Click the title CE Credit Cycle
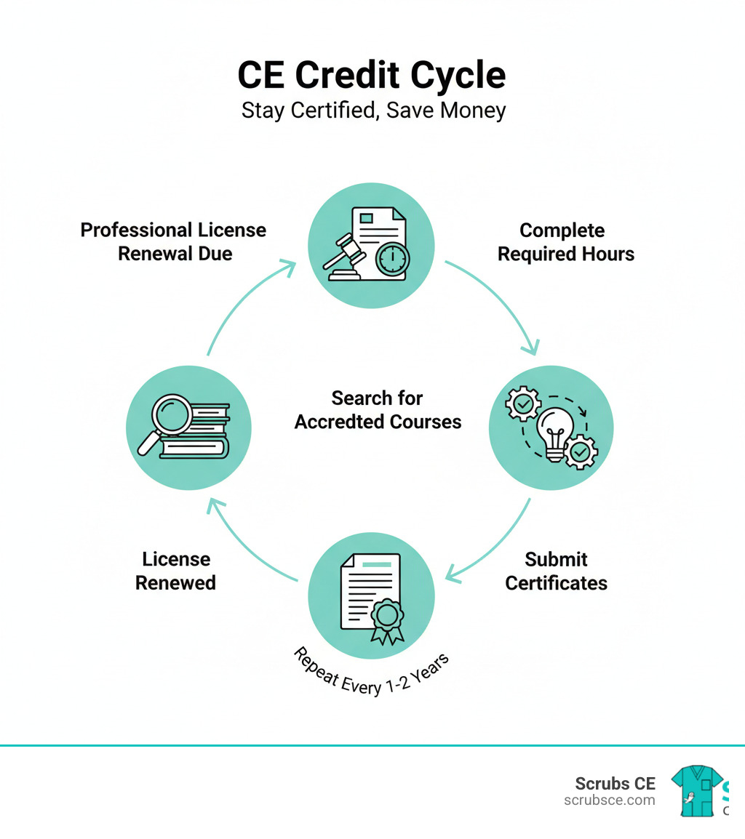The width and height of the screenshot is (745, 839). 372,75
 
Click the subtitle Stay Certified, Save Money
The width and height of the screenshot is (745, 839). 373,111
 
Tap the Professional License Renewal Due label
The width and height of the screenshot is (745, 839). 174,241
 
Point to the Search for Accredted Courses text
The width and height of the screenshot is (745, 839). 378,410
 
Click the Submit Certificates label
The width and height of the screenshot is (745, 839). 556,571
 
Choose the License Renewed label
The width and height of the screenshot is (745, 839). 176,571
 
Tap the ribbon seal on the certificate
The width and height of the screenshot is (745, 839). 387,619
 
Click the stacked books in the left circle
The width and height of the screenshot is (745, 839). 200,433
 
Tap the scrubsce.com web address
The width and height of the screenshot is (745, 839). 610,800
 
